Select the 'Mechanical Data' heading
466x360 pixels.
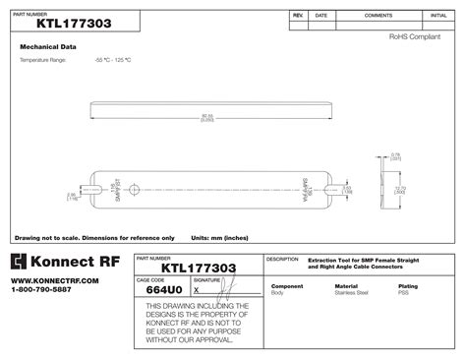point(49,46)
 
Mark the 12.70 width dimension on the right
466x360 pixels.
point(398,189)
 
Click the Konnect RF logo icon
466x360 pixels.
point(22,264)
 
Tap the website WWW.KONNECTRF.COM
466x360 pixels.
point(55,281)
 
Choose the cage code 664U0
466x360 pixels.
point(162,290)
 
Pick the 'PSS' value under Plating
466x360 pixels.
point(403,292)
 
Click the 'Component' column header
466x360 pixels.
point(287,285)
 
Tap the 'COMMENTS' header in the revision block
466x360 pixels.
point(379,16)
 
